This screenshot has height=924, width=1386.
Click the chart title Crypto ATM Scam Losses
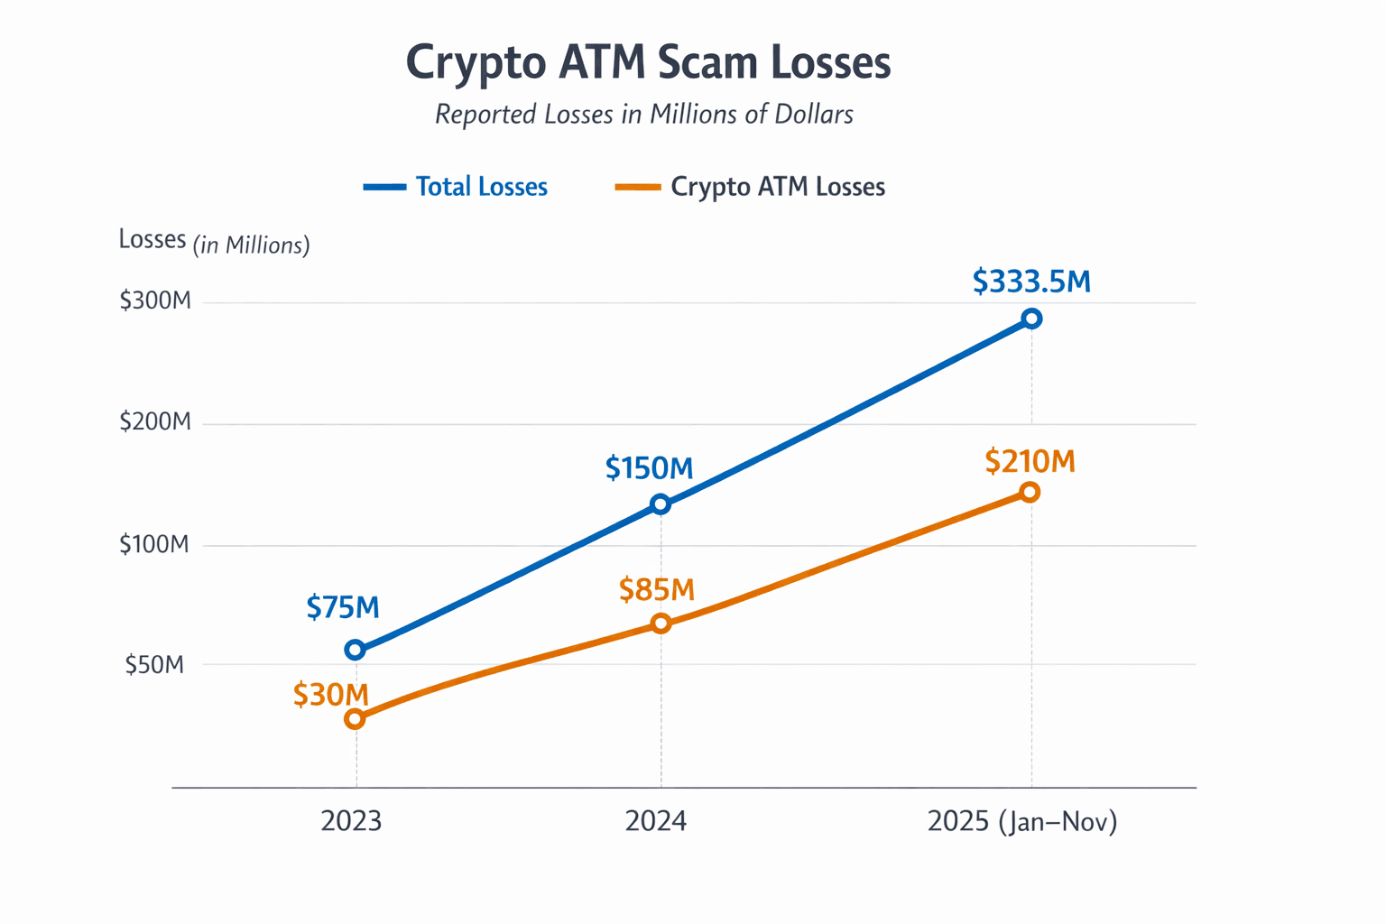648,63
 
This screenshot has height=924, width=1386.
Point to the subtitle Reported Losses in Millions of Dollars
643,115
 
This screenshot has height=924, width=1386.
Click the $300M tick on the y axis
155,300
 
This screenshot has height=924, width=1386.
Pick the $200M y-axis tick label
155,421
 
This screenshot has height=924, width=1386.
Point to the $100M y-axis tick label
154,544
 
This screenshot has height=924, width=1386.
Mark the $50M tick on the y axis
154,665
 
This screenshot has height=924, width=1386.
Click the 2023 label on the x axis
352,821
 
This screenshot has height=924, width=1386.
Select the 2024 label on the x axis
656,821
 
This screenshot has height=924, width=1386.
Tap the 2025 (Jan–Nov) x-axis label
1022,821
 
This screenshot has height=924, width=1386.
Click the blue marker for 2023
356,650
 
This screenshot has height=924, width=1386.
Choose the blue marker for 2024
661,504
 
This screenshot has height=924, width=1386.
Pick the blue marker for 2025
1031,319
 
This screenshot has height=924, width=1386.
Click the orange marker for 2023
356,719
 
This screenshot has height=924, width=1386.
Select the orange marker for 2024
661,624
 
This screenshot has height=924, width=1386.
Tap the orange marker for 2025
1030,492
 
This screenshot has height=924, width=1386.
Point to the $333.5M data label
1031,282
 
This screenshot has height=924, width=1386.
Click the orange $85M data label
657,590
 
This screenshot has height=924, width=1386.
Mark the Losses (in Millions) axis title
214,242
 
